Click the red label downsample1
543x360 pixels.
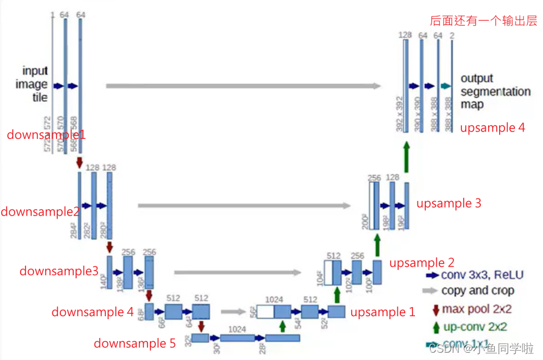pos(46,135)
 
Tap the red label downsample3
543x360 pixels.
pos(59,271)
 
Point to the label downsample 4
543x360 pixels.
pos(93,312)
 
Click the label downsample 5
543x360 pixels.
pos(135,344)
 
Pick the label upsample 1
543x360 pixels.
pos(383,312)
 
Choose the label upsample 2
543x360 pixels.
pos(422,263)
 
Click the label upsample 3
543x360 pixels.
pos(449,203)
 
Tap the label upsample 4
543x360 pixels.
pos(492,128)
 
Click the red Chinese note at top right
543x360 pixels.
pos(484,21)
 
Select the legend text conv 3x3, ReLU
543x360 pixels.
pos(482,275)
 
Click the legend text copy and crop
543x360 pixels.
pos(478,291)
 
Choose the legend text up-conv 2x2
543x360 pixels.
pos(475,327)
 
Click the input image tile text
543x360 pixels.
pos(35,84)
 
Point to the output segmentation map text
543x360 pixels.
pos(495,91)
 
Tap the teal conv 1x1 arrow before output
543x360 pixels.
pos(445,86)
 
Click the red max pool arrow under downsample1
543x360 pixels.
pos(79,163)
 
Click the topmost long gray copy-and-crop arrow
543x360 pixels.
pos(243,86)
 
